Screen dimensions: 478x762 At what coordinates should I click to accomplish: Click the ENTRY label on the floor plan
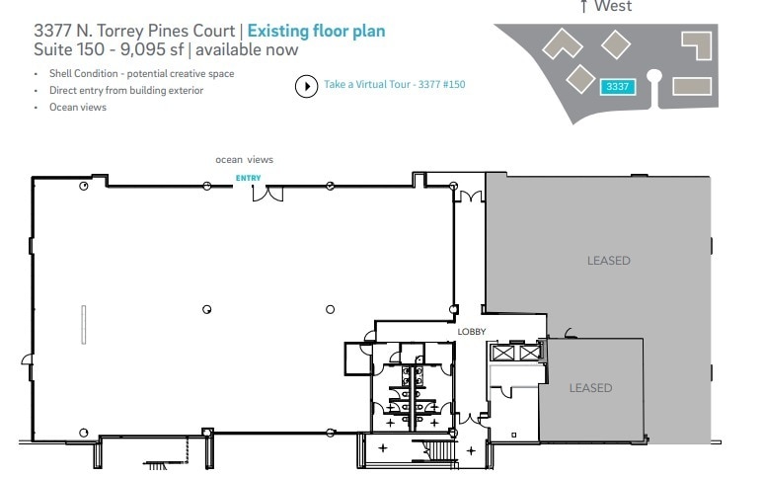248,178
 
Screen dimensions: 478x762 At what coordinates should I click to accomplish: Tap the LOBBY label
472,332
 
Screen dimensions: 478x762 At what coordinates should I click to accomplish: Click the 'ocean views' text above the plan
244,159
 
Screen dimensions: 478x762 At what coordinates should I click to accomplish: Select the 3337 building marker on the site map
618,87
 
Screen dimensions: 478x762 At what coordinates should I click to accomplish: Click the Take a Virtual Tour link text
394,85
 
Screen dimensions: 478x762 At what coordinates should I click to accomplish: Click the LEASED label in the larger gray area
608,261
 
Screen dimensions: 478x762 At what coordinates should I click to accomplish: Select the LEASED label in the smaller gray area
590,388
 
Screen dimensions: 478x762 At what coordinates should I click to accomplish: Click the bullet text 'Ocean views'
78,107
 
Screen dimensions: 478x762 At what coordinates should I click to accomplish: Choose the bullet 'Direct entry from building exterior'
126,90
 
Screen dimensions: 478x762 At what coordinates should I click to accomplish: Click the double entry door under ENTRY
267,192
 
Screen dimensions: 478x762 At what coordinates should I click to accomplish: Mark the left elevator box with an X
502,351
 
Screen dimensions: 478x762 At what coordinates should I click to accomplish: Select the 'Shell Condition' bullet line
141,74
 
